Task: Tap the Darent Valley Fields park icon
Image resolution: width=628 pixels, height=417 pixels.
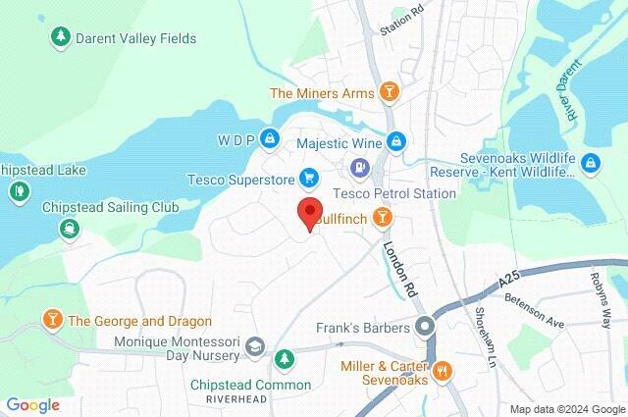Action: pyautogui.click(x=60, y=37)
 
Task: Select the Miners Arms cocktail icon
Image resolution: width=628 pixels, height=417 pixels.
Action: pyautogui.click(x=390, y=93)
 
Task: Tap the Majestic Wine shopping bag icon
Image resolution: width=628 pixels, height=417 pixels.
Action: pyautogui.click(x=395, y=140)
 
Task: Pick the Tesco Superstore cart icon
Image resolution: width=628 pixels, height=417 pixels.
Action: pyautogui.click(x=309, y=178)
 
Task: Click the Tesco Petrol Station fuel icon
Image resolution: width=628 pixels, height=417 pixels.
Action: pyautogui.click(x=361, y=169)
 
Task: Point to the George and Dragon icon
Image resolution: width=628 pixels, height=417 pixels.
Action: pyautogui.click(x=51, y=319)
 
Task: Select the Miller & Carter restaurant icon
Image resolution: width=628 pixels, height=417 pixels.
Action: pyautogui.click(x=443, y=370)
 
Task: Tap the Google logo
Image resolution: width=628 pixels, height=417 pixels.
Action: pyautogui.click(x=32, y=404)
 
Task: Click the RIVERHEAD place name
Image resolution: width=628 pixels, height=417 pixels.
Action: pyautogui.click(x=236, y=400)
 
